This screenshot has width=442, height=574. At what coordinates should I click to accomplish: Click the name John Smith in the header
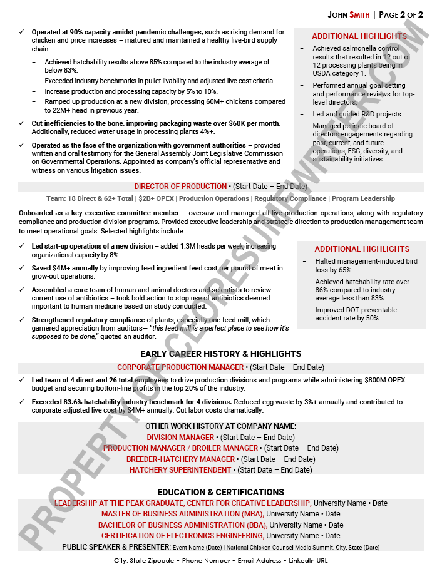click(x=348, y=14)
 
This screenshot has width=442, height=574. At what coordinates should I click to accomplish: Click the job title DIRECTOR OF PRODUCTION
click(x=180, y=187)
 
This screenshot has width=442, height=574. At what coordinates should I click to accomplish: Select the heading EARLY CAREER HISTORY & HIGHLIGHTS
click(x=220, y=354)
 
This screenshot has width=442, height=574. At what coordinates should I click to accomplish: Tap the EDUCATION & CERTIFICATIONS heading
click(x=220, y=492)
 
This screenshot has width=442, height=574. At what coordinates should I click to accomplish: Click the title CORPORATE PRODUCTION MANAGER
click(x=180, y=367)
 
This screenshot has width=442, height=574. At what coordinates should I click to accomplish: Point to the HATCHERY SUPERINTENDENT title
click(x=180, y=470)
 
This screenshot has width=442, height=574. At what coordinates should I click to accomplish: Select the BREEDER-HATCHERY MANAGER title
click(x=180, y=459)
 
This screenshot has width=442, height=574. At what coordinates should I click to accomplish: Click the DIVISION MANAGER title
click(x=180, y=438)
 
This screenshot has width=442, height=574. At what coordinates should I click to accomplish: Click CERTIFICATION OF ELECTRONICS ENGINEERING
click(x=182, y=536)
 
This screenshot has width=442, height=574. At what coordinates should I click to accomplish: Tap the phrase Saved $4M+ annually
click(x=65, y=268)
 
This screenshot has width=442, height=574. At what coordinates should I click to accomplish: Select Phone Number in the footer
click(x=206, y=561)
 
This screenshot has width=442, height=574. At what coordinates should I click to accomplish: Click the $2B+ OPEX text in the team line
click(x=157, y=198)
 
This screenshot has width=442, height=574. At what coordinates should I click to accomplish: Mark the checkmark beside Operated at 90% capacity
click(x=23, y=32)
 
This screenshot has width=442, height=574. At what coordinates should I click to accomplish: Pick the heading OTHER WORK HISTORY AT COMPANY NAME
click(x=220, y=426)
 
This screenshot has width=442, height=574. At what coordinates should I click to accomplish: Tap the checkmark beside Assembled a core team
click(x=23, y=290)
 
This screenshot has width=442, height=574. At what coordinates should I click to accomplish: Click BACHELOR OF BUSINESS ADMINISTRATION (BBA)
click(x=182, y=525)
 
